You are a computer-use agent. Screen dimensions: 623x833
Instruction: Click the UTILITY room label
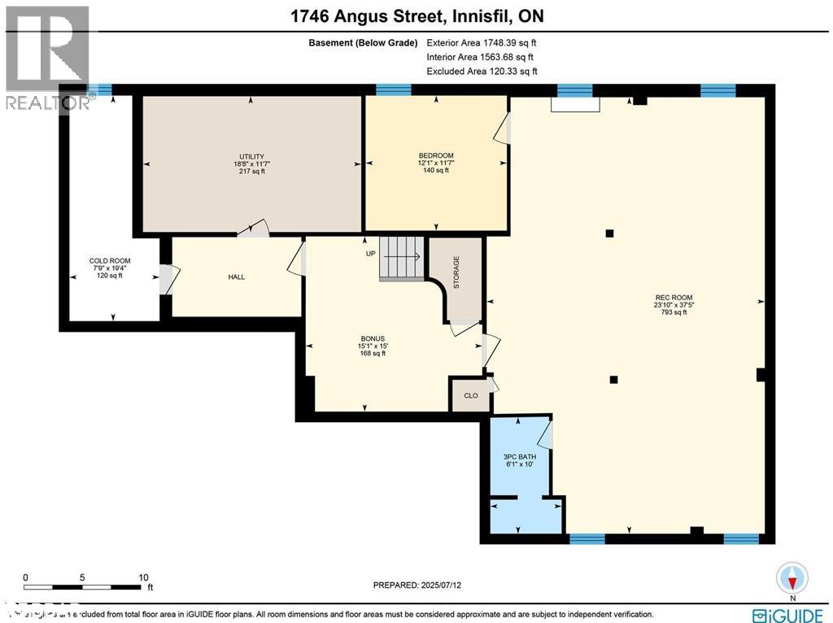coord(251,156)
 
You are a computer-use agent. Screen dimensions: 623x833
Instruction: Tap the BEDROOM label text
coord(436,155)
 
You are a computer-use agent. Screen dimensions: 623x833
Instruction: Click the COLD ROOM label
coord(110,261)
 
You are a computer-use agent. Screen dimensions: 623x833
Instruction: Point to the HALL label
coord(237,277)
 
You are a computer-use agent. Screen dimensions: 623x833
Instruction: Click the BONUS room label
coord(373,338)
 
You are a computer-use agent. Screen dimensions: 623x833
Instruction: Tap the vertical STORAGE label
coord(456,272)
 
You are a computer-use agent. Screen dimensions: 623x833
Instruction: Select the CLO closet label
coord(471,397)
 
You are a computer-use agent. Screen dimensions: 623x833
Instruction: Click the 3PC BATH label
coord(520,457)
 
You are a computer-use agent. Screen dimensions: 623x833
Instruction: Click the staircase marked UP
coord(402,258)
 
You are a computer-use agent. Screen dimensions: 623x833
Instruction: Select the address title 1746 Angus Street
coord(416,16)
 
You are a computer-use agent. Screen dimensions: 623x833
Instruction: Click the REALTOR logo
coord(46,57)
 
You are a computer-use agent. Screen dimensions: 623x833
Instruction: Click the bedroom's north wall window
coord(393,89)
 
